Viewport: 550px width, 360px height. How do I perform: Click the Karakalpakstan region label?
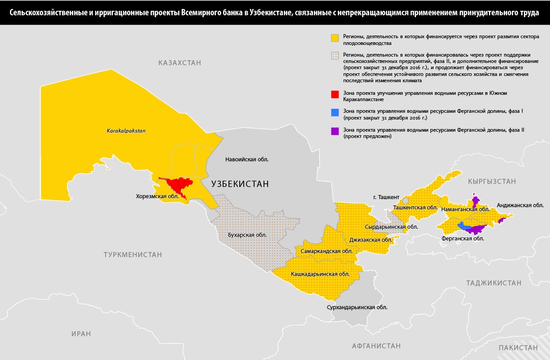(x=126, y=131)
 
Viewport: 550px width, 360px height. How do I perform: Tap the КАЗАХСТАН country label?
(x=179, y=63)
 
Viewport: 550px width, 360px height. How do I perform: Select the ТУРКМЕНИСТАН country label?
(x=133, y=254)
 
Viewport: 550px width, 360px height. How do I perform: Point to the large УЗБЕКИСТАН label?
(x=240, y=183)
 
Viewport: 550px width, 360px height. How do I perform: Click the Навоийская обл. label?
(x=249, y=159)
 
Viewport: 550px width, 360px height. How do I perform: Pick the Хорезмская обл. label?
(x=157, y=196)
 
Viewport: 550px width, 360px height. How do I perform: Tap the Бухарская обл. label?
(x=247, y=235)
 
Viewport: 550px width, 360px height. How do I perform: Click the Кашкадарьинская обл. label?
(x=320, y=274)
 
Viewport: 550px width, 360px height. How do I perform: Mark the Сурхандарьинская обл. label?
(x=357, y=307)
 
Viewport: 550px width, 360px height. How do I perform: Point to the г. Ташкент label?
(x=386, y=197)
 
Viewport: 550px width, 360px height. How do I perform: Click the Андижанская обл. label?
(x=520, y=205)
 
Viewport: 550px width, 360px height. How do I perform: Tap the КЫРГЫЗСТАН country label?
(x=492, y=182)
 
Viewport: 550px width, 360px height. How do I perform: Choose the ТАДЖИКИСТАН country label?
(x=494, y=283)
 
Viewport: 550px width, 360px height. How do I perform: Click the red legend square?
(x=335, y=95)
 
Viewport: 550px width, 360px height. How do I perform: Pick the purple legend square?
(x=335, y=131)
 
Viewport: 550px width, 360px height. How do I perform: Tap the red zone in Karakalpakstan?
(x=179, y=184)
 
